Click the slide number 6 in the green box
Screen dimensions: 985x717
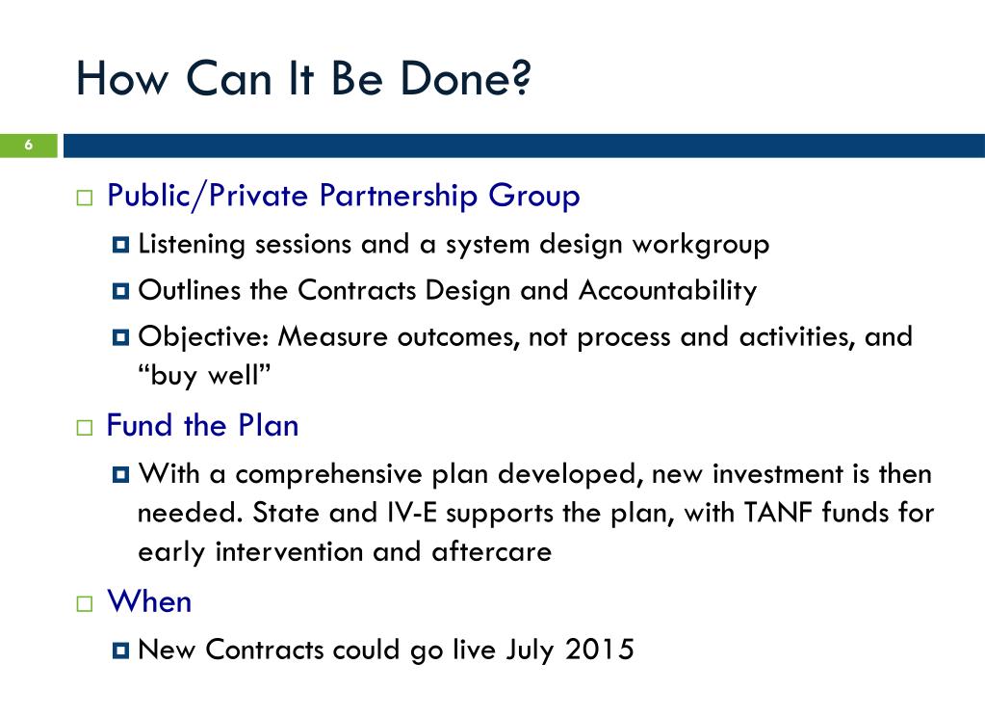pos(28,146)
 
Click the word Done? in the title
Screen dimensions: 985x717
pos(465,79)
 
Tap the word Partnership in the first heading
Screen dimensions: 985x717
pos(399,196)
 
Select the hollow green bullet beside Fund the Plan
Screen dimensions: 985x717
pos(84,428)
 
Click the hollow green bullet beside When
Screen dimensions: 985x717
pos(84,604)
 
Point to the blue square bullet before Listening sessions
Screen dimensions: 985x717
pos(120,245)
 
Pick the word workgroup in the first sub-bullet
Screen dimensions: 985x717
pos(700,245)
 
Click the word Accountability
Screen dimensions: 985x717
pos(668,291)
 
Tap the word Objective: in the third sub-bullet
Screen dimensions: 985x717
pos(203,337)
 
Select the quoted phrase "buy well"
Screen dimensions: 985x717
pos(204,376)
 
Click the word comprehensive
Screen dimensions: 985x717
pos(329,474)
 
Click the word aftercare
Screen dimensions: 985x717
pos(492,551)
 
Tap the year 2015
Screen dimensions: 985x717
pos(599,650)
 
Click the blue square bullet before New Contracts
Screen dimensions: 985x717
pos(120,651)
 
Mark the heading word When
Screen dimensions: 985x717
pos(149,601)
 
